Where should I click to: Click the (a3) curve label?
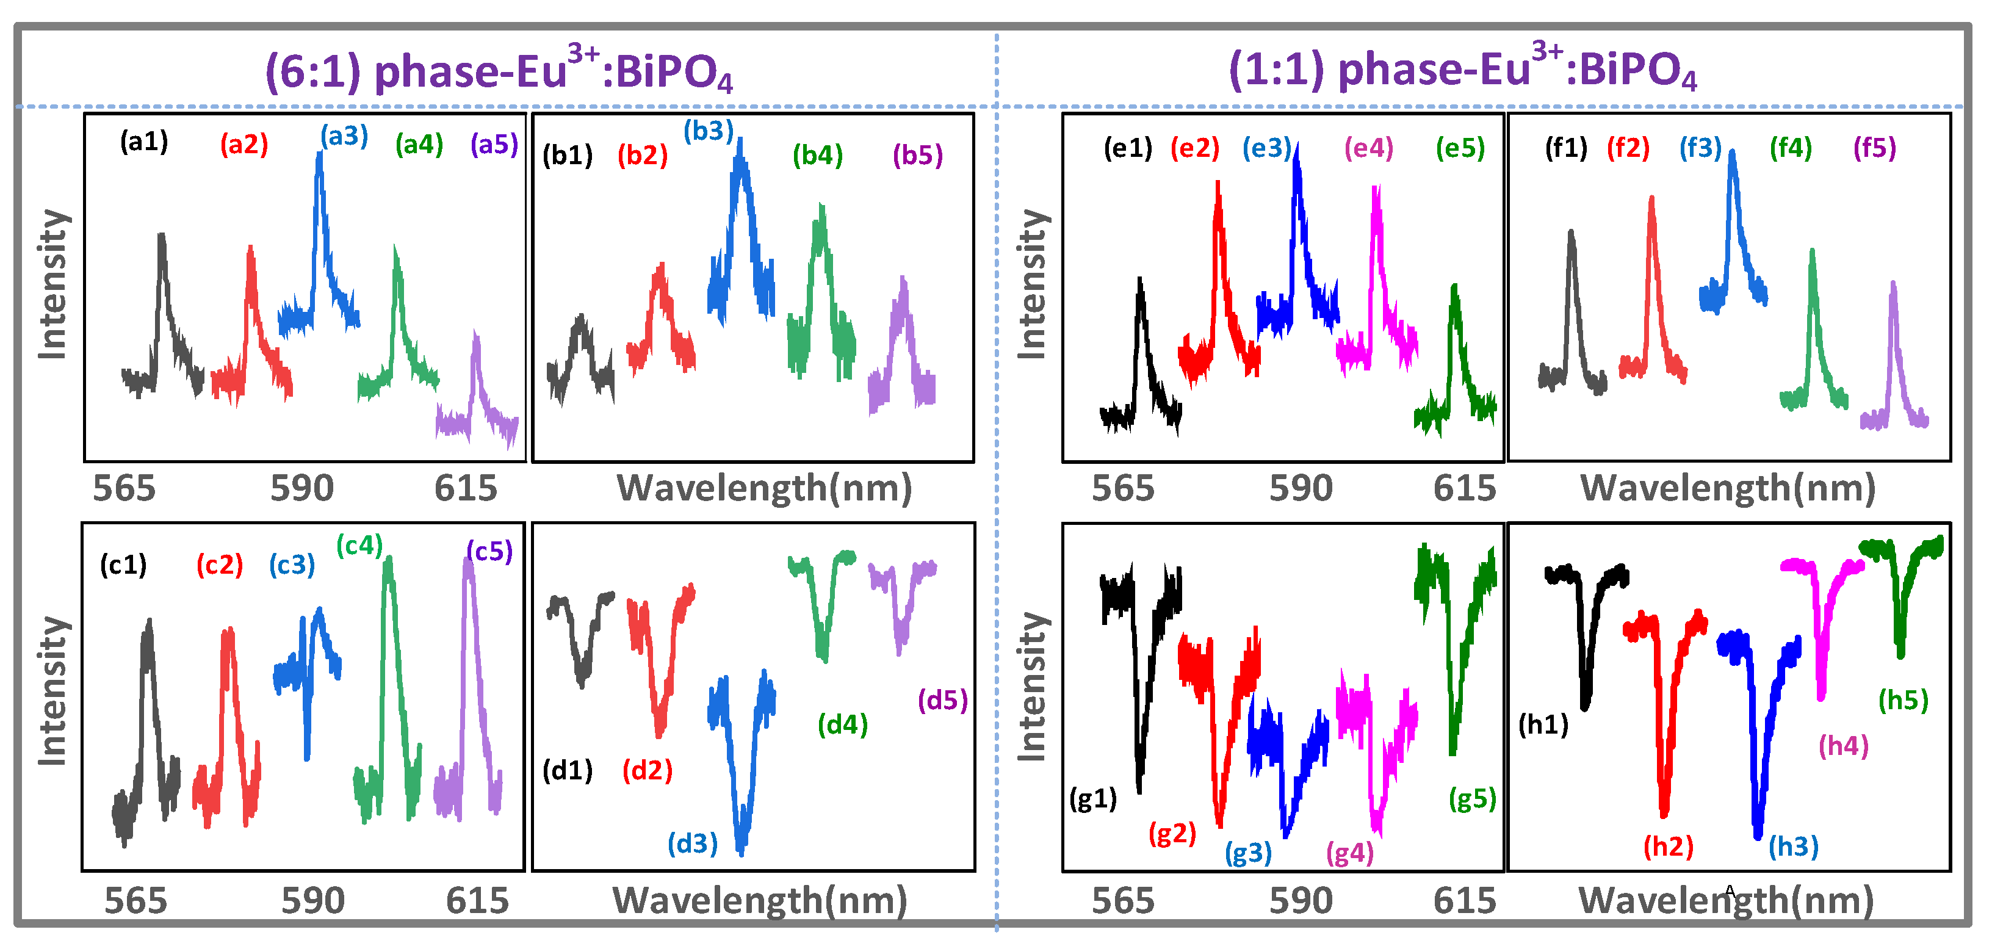pos(344,136)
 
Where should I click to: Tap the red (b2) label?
pos(642,156)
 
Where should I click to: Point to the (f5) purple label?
pos(1874,148)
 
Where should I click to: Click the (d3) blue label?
pos(692,843)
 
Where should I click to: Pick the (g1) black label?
pos(1092,798)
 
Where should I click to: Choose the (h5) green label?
pos(1903,700)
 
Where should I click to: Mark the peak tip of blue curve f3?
pos(1732,153)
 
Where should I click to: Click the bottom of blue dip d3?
pos(741,851)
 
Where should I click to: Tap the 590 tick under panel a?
pos(301,489)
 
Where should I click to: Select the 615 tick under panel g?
pos(1465,901)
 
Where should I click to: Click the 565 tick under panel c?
pos(135,901)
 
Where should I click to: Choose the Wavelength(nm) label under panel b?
pos(764,489)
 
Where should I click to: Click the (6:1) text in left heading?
pos(313,72)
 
